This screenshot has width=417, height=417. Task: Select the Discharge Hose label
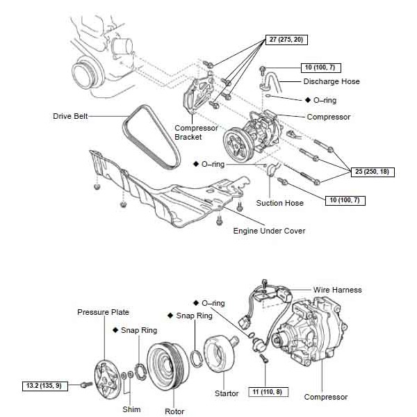click(x=332, y=81)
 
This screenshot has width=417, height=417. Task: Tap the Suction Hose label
click(x=279, y=203)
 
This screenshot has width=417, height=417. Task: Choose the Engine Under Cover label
click(x=270, y=231)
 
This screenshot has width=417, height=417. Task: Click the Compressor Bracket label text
click(x=193, y=132)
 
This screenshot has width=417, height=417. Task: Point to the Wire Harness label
click(x=338, y=289)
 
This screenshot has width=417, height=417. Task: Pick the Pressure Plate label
click(x=103, y=312)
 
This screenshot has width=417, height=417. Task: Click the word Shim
click(x=131, y=409)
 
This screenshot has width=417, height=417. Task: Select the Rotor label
click(x=174, y=411)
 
